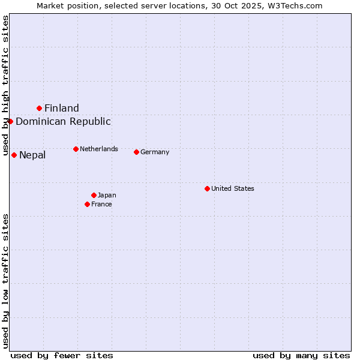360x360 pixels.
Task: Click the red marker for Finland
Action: click(x=40, y=108)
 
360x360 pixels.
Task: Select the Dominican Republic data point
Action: click(x=10, y=121)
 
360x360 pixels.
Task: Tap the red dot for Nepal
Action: click(x=14, y=155)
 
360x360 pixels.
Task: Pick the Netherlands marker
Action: click(x=76, y=149)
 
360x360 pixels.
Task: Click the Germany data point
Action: click(x=137, y=152)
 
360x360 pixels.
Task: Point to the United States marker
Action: click(x=207, y=188)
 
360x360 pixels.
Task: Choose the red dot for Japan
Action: click(x=94, y=195)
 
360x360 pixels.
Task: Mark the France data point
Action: click(x=88, y=204)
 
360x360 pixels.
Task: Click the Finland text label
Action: click(x=62, y=108)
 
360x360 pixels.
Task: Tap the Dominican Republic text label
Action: click(x=63, y=121)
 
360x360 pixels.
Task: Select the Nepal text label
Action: click(x=32, y=155)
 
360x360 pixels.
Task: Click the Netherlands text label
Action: click(x=99, y=149)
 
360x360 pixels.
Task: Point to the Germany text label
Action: click(x=155, y=152)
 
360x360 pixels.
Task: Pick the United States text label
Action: click(x=233, y=188)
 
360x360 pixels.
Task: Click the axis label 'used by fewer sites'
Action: click(x=62, y=355)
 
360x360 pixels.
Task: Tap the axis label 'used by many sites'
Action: click(x=301, y=355)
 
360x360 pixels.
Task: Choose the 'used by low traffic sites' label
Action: click(x=5, y=281)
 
